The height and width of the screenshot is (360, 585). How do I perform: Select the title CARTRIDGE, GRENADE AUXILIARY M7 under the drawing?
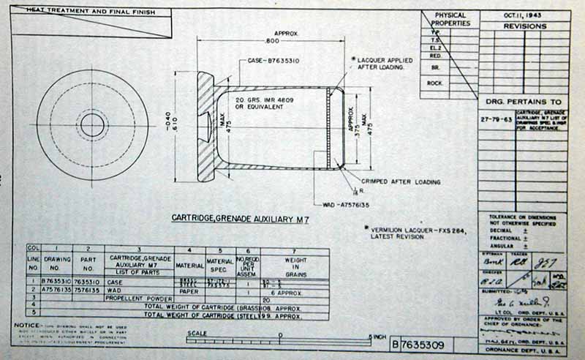[x=239, y=218]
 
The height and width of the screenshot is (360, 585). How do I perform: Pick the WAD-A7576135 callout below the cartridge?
[x=347, y=204]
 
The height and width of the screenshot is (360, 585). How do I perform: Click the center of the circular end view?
[x=92, y=125]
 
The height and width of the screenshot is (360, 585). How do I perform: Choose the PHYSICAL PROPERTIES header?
[x=450, y=20]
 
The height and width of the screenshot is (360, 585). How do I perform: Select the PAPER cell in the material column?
[x=189, y=290]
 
